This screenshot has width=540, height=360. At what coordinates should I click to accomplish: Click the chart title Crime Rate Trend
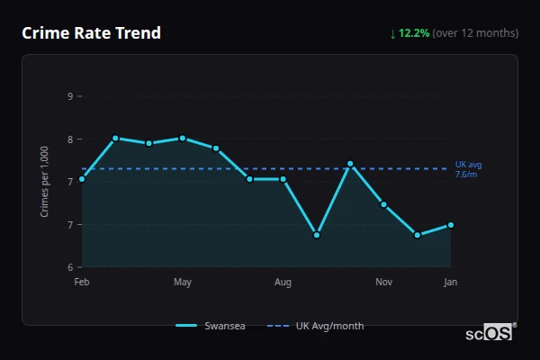(91, 33)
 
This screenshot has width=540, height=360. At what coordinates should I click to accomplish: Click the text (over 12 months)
(475, 33)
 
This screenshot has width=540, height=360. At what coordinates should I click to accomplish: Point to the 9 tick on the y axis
(69, 95)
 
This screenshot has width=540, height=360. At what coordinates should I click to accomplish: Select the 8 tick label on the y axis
(69, 139)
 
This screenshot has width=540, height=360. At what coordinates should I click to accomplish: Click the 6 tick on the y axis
(69, 267)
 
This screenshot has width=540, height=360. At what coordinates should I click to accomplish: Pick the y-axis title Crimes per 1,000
(45, 182)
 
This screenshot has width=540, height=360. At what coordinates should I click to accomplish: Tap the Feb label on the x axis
(82, 283)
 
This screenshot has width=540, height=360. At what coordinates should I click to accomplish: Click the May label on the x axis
(183, 283)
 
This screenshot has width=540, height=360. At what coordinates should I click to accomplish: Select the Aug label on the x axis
(283, 283)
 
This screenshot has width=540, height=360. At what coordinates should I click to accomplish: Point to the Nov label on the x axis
(384, 283)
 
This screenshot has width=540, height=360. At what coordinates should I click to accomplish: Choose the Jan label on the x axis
(451, 283)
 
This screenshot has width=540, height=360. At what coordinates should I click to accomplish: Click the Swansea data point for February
(82, 179)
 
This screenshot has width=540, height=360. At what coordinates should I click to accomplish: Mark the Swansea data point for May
(183, 139)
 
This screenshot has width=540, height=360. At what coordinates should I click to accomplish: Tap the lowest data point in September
(317, 235)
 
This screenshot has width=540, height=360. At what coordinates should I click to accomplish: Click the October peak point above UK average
(350, 164)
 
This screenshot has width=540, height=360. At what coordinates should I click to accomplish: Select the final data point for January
(451, 225)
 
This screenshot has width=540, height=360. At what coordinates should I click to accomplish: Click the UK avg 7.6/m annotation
(468, 169)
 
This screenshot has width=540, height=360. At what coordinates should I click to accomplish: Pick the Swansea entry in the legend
(211, 326)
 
